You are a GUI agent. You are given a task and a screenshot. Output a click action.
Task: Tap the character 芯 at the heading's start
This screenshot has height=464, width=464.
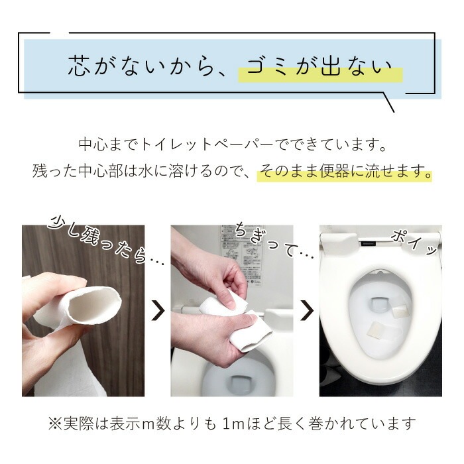[x=78, y=67]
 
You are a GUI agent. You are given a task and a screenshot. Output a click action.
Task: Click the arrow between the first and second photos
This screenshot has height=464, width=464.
[x=158, y=309]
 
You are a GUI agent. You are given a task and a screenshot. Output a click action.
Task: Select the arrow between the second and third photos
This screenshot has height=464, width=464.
[x=306, y=309]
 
